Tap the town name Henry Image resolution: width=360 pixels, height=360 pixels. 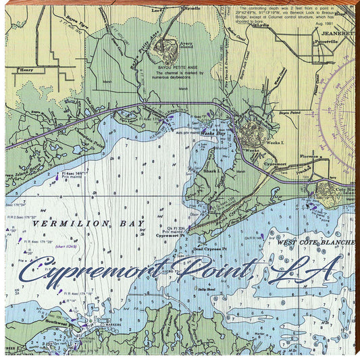(27, 70)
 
